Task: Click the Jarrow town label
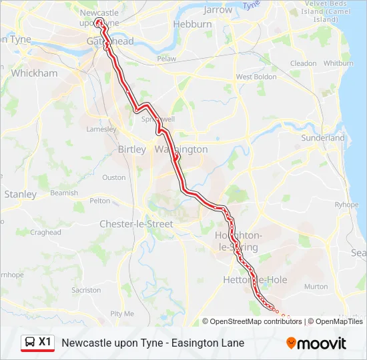pyautogui.click(x=218, y=10)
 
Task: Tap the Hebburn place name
pyautogui.click(x=192, y=24)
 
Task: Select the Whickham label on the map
pyautogui.click(x=35, y=73)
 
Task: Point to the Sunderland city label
pyautogui.click(x=323, y=138)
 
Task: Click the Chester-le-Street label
pyautogui.click(x=135, y=224)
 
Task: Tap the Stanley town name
pyautogui.click(x=21, y=194)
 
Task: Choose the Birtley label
pyautogui.click(x=131, y=149)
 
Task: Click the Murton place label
pyautogui.click(x=316, y=287)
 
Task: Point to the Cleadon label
pyautogui.click(x=304, y=63)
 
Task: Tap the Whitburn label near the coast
pyautogui.click(x=338, y=63)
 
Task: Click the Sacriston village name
pyautogui.click(x=86, y=291)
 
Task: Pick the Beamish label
pyautogui.click(x=64, y=193)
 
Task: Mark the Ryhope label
pyautogui.click(x=346, y=205)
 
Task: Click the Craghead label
pyautogui.click(x=45, y=233)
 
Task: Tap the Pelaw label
pyautogui.click(x=167, y=59)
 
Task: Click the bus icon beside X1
pyautogui.click(x=30, y=343)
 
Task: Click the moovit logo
pyautogui.click(x=316, y=343)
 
